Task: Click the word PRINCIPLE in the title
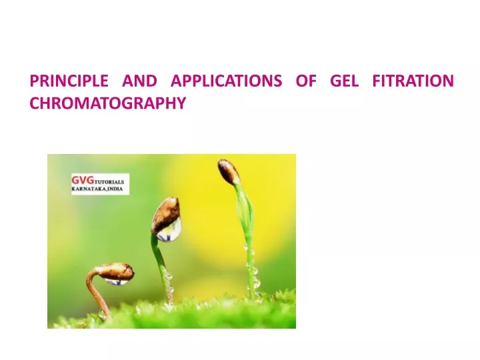[69, 81]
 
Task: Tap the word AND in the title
[139, 81]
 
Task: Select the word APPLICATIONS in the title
[226, 81]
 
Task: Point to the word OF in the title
[306, 81]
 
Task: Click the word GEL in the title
[344, 81]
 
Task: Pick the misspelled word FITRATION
[413, 81]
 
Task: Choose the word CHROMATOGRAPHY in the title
[108, 103]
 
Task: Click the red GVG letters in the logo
[83, 180]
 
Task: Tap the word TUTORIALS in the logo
[109, 182]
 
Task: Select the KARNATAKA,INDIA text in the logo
[97, 189]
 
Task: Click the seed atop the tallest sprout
[229, 172]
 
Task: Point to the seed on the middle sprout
[165, 215]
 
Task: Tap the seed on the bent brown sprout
[115, 271]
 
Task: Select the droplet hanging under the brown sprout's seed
[117, 281]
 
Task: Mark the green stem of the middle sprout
[161, 269]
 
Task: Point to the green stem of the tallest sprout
[247, 239]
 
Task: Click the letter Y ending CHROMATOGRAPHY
[181, 103]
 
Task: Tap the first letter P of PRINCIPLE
[34, 81]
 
